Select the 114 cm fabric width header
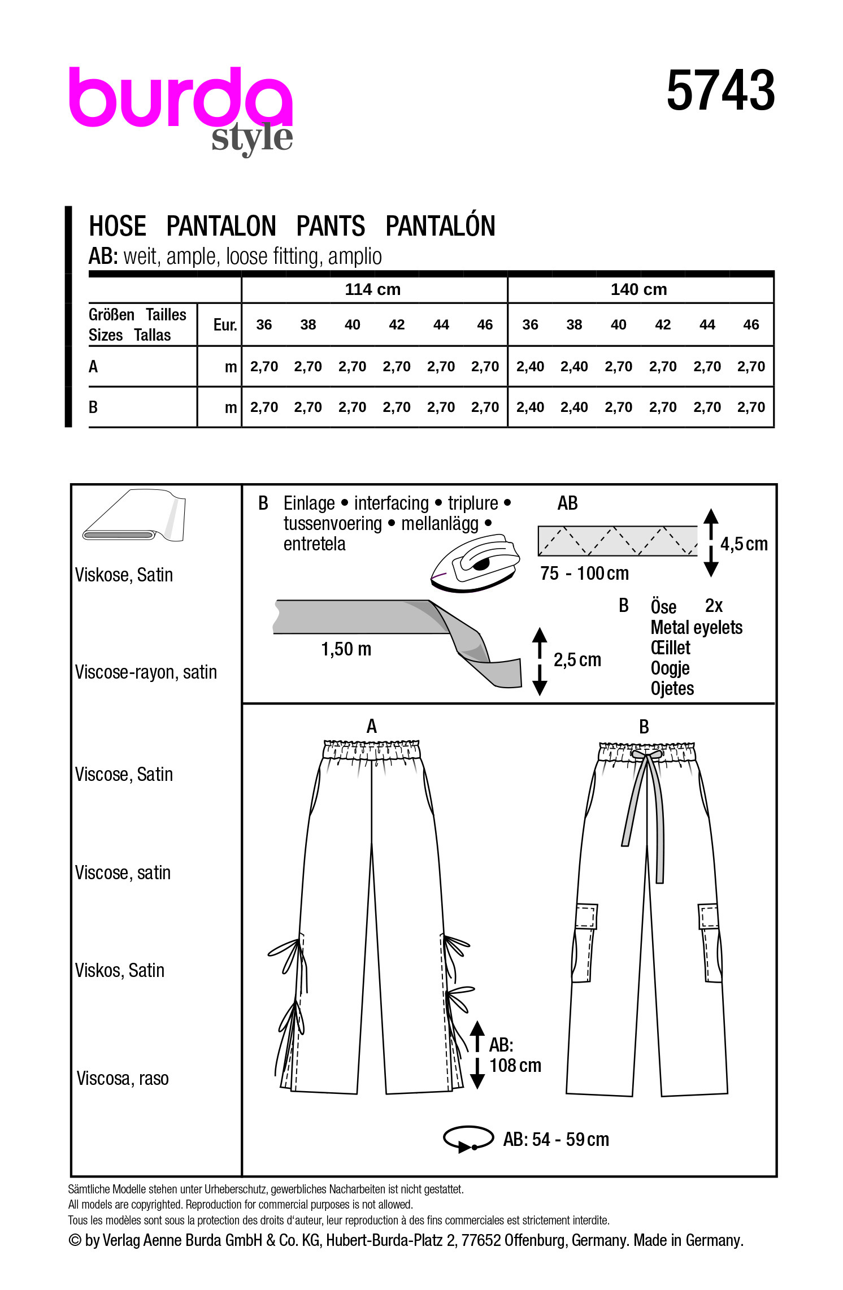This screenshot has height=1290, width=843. tap(373, 289)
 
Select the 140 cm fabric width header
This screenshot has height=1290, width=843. tap(639, 289)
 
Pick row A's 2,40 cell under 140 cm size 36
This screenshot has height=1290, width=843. tap(530, 367)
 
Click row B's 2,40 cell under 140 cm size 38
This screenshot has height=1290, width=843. tap(574, 407)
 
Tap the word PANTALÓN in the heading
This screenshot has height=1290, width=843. tap(440, 226)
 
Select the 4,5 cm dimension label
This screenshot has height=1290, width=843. tap(744, 544)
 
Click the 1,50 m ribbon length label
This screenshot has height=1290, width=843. tap(346, 649)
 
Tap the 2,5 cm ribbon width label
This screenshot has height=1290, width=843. tap(577, 660)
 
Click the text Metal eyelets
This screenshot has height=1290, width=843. tap(696, 627)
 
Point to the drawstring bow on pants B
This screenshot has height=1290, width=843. tap(646, 755)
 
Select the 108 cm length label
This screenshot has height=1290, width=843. tap(515, 1066)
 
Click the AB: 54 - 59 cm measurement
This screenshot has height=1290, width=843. tap(556, 1140)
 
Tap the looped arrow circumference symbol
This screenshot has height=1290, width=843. tap(468, 1139)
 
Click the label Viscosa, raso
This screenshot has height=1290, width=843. tap(123, 1079)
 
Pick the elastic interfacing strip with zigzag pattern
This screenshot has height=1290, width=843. tap(618, 541)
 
